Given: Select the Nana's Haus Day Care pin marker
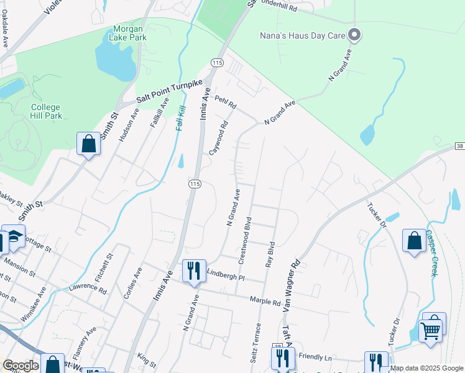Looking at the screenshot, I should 354,35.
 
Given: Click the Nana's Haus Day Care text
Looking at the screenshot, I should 302,36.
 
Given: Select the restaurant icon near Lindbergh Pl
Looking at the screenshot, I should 193,270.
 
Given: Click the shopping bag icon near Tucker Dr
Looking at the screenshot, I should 414,241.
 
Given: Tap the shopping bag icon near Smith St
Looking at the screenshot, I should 89,144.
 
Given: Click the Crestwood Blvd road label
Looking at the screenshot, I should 244,239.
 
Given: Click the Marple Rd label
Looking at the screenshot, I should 265,302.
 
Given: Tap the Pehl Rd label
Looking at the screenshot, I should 226,103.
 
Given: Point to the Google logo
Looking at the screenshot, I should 21,366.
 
